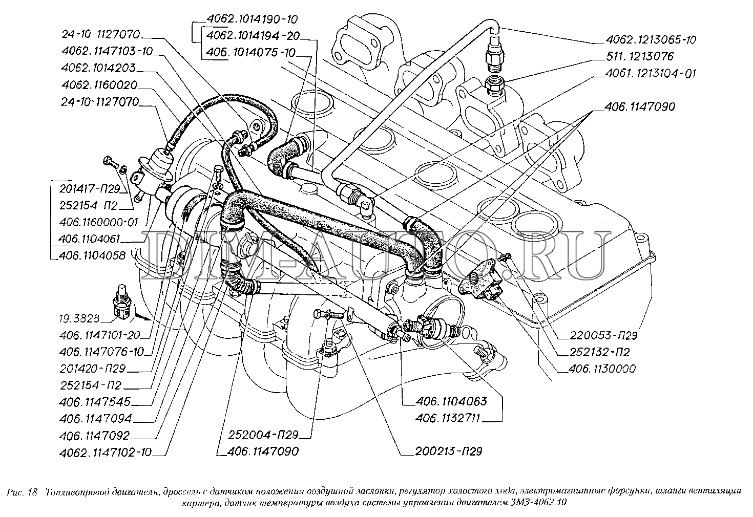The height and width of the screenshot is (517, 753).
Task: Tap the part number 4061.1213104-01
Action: (650, 73)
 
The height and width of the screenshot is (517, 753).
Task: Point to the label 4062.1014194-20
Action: (253, 36)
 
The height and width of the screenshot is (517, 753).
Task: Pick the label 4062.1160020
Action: (98, 85)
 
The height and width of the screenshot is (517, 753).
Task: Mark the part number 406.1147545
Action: (95, 402)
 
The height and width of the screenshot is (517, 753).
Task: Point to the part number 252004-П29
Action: (263, 436)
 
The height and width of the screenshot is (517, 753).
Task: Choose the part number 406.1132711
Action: (447, 418)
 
